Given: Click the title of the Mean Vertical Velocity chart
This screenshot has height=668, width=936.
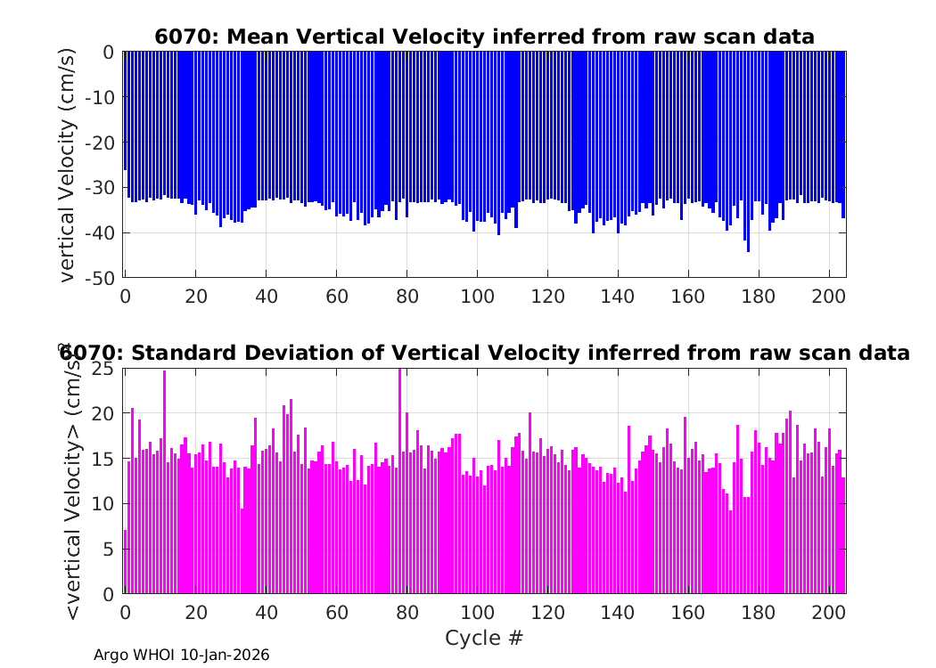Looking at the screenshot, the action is click(484, 37).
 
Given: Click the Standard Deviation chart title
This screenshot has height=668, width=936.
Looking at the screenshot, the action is click(484, 353).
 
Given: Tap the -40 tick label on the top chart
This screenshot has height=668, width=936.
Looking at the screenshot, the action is click(99, 232).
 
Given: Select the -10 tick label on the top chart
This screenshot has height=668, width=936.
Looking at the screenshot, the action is click(99, 96).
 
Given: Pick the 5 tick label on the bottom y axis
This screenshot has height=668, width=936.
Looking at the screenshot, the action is click(108, 549).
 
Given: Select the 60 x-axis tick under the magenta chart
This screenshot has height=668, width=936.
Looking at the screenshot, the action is click(337, 612).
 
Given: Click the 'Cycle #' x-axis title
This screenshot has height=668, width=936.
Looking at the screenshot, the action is click(484, 638).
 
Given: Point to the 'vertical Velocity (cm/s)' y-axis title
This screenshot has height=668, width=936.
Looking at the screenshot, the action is click(68, 165).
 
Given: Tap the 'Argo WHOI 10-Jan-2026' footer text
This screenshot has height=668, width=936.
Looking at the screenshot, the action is click(182, 655).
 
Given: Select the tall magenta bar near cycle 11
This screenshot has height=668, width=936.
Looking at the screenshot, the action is click(165, 482).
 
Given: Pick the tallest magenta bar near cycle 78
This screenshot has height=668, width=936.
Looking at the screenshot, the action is click(400, 481).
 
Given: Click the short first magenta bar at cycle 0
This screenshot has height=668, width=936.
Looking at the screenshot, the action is click(126, 562).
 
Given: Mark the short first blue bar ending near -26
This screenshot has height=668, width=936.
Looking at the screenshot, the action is click(126, 111).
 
